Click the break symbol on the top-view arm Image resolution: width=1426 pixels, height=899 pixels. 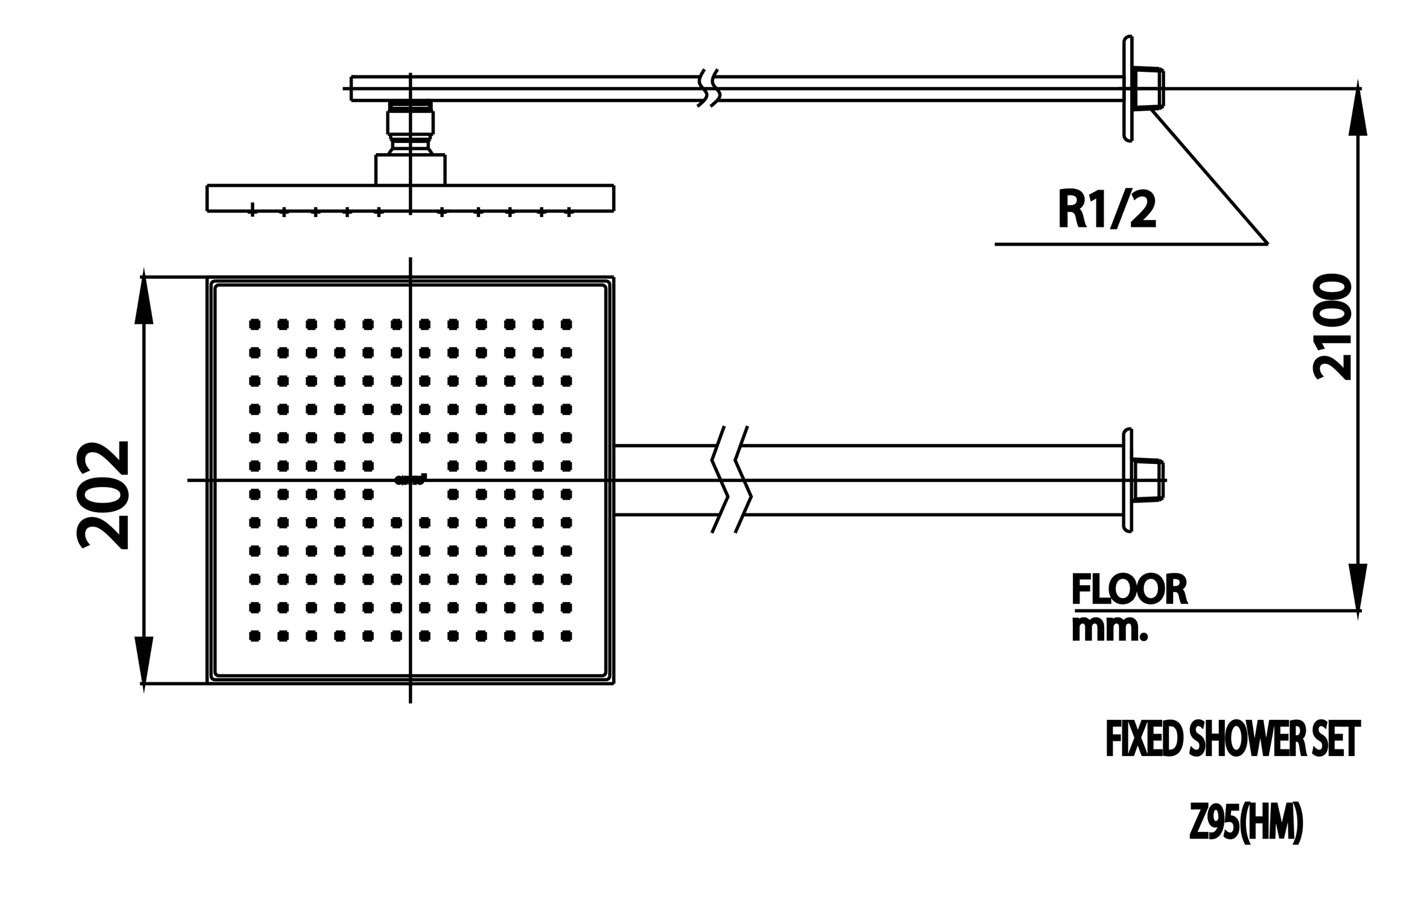[731, 480]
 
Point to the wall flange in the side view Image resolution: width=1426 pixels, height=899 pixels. [1127, 89]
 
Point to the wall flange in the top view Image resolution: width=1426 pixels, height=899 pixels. [1127, 480]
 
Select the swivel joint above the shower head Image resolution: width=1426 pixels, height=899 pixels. [410, 128]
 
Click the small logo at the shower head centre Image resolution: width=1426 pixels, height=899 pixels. [411, 480]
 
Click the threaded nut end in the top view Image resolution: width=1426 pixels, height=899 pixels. [1149, 480]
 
